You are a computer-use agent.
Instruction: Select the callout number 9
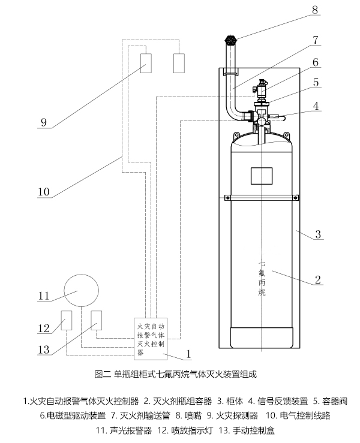[43, 122]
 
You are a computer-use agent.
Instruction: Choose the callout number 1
[188, 354]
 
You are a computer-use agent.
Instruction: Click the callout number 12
[42, 328]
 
